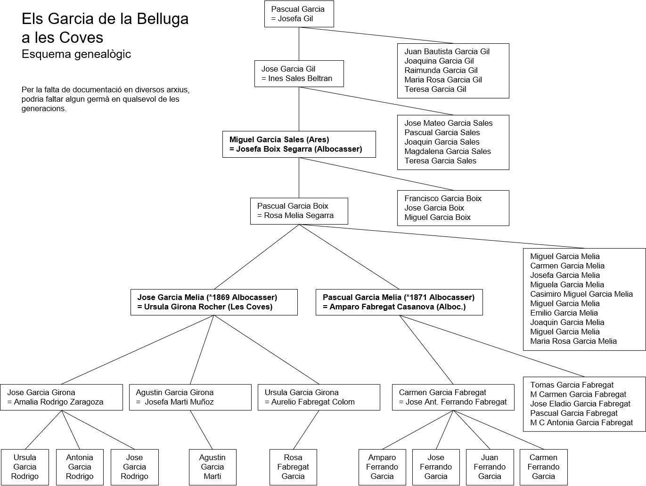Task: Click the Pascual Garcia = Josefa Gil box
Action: (x=299, y=14)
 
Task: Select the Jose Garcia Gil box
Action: (x=299, y=73)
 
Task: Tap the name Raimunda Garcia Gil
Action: (x=441, y=70)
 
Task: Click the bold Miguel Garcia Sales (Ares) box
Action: (x=299, y=145)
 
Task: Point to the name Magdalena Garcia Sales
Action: (x=447, y=151)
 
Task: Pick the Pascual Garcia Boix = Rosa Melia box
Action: (x=299, y=211)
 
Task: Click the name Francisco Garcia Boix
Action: (x=442, y=198)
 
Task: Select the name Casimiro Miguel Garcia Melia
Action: (x=581, y=294)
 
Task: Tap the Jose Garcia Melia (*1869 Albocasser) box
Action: (x=214, y=302)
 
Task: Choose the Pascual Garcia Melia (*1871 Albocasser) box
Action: (x=399, y=302)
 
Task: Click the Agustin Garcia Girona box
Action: (x=190, y=397)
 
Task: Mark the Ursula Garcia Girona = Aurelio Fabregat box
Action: (x=319, y=397)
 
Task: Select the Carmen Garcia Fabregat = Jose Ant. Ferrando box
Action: (x=453, y=397)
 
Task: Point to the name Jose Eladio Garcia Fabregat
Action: (x=580, y=404)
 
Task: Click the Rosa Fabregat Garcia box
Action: (x=293, y=467)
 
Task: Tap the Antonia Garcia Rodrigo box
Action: (x=80, y=467)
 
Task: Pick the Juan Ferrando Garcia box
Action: (x=490, y=467)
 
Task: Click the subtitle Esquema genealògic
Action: (x=76, y=54)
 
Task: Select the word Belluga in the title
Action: (x=163, y=19)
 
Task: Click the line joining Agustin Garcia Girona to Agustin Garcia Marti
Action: (x=201, y=429)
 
